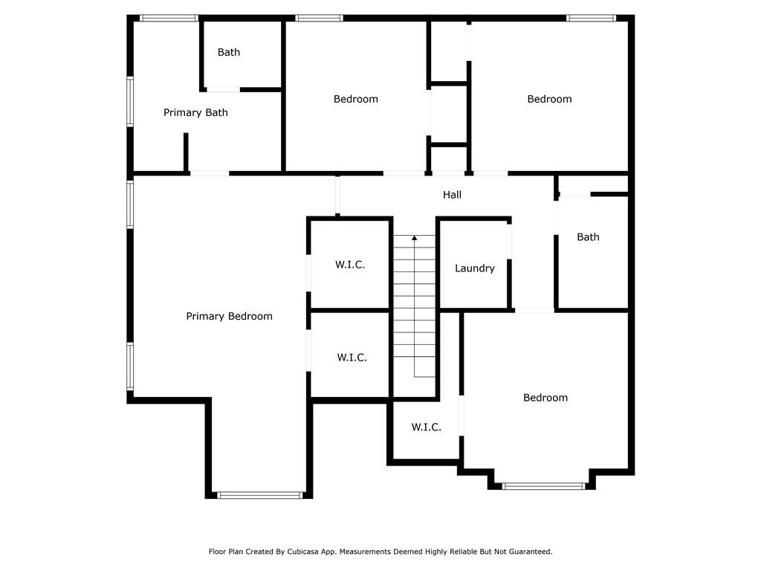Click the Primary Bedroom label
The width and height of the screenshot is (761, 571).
click(229, 316)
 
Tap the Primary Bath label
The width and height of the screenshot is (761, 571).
click(195, 113)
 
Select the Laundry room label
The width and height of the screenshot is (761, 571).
click(475, 268)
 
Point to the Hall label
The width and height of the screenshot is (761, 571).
click(452, 195)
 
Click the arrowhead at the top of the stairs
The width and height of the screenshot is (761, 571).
click(415, 238)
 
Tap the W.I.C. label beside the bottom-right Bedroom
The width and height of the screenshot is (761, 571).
click(426, 427)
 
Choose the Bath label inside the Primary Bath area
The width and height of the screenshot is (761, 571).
click(229, 52)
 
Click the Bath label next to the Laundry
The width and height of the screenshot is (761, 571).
click(588, 237)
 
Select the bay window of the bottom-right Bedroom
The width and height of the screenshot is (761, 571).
click(543, 485)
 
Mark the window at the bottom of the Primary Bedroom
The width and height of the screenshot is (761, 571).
click(259, 495)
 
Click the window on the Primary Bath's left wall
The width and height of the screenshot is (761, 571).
click(130, 102)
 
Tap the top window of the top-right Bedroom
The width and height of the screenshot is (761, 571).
click(591, 19)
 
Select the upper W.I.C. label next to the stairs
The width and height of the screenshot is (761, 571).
click(350, 265)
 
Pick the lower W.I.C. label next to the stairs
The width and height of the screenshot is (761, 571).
click(352, 358)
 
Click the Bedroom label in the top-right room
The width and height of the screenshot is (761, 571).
click(549, 99)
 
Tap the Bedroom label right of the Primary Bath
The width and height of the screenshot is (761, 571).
click(356, 99)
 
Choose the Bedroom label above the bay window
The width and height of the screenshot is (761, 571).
click(545, 398)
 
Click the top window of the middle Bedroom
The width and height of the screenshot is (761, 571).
click(319, 19)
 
